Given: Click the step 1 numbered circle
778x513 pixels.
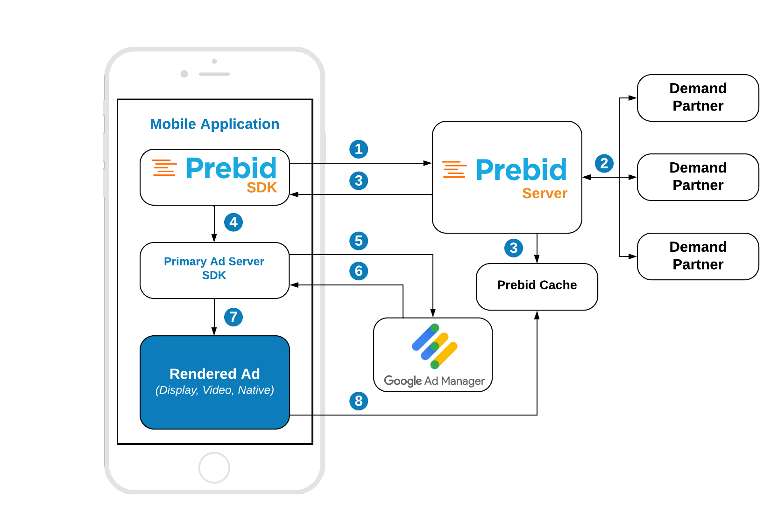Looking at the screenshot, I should [359, 149].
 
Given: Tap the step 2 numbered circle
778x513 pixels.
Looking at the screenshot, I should [604, 163].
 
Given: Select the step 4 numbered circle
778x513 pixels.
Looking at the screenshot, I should [233, 222].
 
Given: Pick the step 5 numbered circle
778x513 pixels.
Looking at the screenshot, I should [359, 241].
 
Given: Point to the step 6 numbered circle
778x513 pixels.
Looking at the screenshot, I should [359, 271].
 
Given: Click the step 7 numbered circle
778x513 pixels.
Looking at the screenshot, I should [233, 317].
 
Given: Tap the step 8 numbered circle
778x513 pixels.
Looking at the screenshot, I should [359, 401].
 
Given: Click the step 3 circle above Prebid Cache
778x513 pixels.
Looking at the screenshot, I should [514, 248].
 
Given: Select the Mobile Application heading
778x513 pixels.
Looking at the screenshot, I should [214, 124].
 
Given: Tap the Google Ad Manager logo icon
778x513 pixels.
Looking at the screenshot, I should [434, 346].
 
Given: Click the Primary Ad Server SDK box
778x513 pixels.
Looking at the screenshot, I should [214, 270].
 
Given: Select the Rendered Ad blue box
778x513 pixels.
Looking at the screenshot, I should [214, 382].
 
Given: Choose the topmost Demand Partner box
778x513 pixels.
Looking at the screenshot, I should [698, 97].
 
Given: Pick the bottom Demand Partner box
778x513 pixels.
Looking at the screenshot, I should [698, 256].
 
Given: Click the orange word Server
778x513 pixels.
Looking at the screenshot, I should [545, 194].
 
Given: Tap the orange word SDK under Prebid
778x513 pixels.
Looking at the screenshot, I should [262, 188].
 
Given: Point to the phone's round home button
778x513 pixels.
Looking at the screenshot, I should [214, 467].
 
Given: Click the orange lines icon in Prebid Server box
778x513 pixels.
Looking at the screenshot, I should [454, 169].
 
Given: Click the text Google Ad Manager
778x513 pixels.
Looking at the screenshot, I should [434, 381].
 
